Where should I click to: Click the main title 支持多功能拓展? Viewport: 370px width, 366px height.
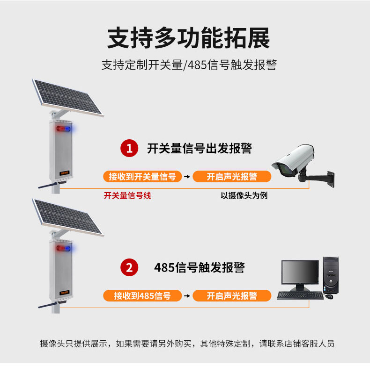(189, 38)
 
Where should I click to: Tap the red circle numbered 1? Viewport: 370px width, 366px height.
(129, 148)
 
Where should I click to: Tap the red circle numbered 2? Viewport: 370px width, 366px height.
(129, 267)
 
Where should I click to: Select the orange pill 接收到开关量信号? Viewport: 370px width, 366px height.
(142, 176)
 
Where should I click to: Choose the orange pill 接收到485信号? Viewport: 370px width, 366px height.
(142, 295)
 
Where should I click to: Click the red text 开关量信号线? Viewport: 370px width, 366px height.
(127, 195)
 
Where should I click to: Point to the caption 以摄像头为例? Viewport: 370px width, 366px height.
(244, 195)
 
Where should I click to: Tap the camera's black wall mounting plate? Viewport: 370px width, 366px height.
(331, 179)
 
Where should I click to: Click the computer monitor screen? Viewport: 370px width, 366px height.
(300, 272)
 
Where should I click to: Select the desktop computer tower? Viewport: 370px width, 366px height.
(331, 275)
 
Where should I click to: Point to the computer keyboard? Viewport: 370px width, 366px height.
(300, 295)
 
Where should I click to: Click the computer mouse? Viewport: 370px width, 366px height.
(329, 296)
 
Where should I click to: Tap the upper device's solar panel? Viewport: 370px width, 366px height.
(68, 98)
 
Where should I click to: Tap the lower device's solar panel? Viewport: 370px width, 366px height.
(68, 217)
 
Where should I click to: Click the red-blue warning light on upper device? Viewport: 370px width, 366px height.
(64, 129)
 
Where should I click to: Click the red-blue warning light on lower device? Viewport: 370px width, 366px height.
(64, 248)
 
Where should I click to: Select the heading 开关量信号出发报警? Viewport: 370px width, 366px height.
(200, 148)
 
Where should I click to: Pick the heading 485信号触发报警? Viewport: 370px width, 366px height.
(200, 267)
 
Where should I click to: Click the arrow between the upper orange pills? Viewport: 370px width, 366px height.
(187, 177)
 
